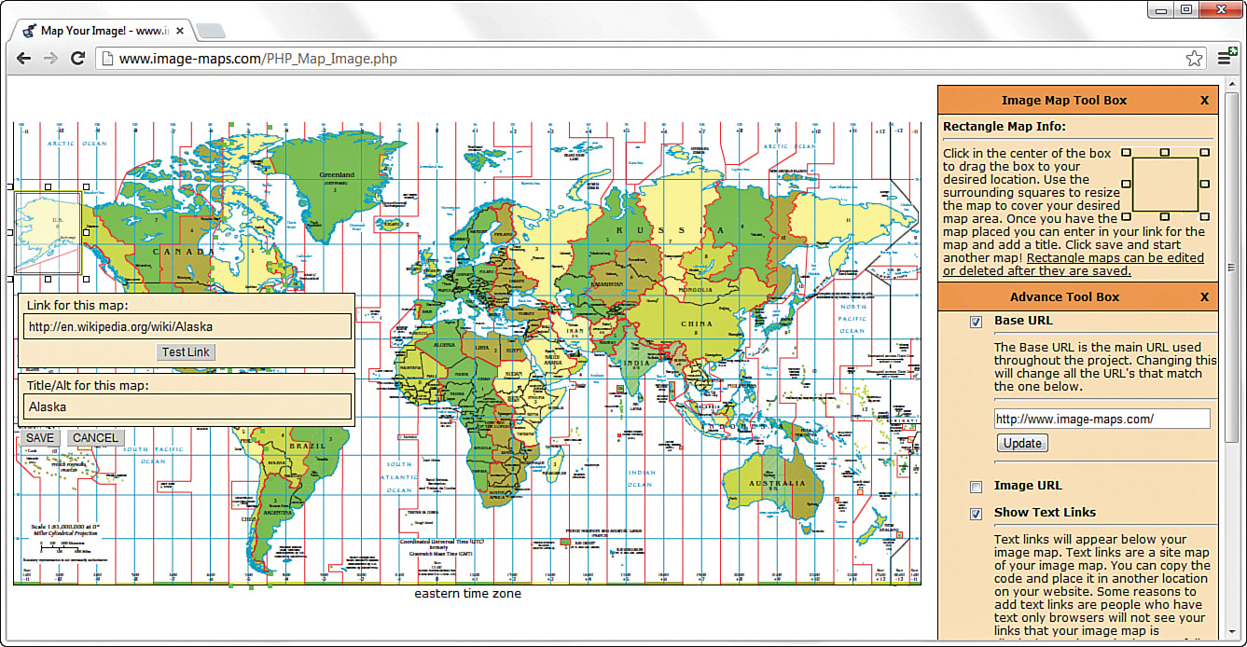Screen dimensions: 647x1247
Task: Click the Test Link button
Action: point(187,351)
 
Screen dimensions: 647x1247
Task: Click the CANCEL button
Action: point(95,438)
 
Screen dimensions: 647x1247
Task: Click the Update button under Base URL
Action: point(1022,443)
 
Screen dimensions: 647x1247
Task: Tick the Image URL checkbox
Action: point(976,487)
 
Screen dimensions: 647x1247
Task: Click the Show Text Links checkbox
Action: point(976,514)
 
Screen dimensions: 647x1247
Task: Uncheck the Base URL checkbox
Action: point(976,322)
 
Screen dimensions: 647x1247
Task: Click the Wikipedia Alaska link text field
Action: point(187,326)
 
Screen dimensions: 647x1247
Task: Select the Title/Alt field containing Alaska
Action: point(187,406)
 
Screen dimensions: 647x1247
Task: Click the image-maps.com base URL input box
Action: point(1102,419)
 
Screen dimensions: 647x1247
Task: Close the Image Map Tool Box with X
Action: point(1204,101)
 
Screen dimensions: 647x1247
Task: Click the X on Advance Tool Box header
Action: point(1204,297)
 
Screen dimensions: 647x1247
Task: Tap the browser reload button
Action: point(78,59)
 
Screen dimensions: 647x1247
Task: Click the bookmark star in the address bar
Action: point(1194,59)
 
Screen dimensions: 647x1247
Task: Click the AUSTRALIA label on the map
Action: point(781,483)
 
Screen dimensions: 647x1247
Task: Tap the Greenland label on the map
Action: point(337,174)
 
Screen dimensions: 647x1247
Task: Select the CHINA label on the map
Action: point(697,323)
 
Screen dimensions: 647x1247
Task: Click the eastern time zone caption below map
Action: point(467,594)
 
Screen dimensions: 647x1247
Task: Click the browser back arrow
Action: point(24,59)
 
